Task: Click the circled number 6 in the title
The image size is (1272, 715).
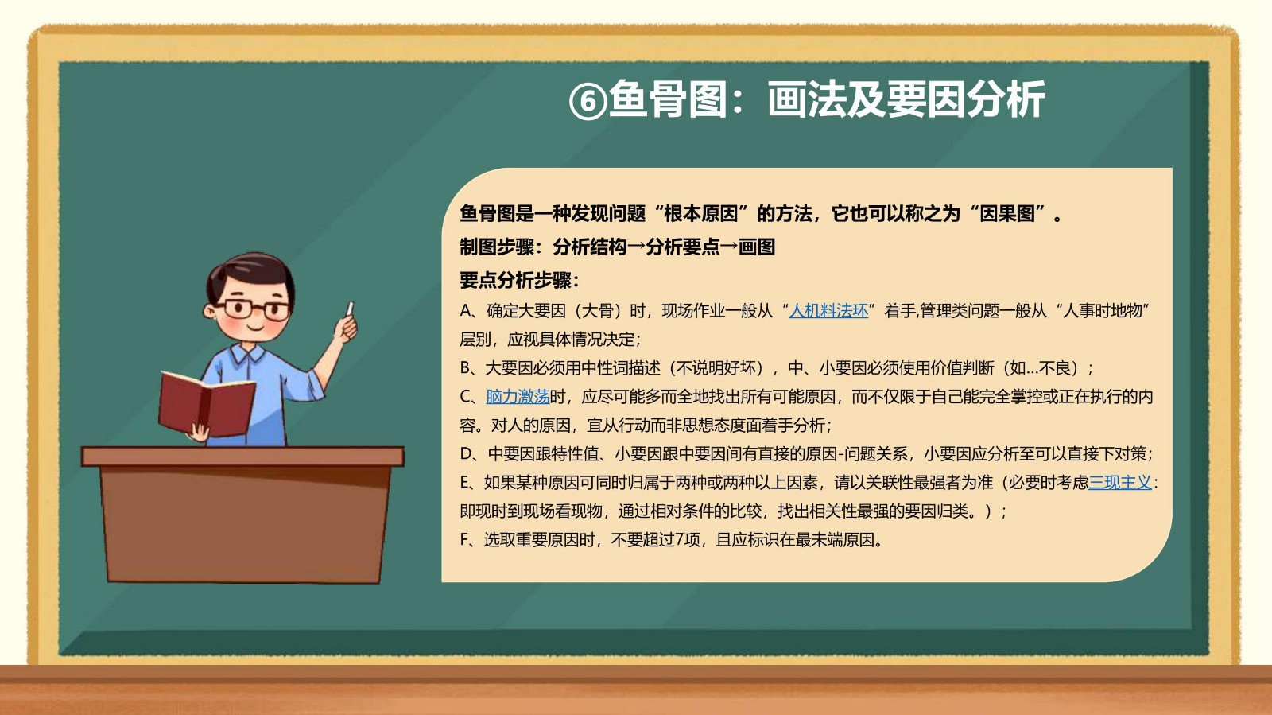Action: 588,102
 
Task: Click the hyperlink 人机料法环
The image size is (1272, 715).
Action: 828,311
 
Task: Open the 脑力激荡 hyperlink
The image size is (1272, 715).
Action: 518,396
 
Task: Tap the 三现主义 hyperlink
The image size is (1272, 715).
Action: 1120,482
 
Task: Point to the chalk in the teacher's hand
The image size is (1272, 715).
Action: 350,309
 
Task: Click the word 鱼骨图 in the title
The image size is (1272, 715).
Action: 667,100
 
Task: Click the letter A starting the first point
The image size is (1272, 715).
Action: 466,311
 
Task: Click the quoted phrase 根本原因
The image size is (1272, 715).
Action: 701,213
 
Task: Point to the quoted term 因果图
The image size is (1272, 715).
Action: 1007,213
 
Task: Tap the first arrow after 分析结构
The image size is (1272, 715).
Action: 637,247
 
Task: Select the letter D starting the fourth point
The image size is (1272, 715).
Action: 466,454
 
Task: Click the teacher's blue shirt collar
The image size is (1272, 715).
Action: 247,353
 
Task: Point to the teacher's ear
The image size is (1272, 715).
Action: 210,311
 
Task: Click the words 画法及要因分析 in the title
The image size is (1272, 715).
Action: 906,100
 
